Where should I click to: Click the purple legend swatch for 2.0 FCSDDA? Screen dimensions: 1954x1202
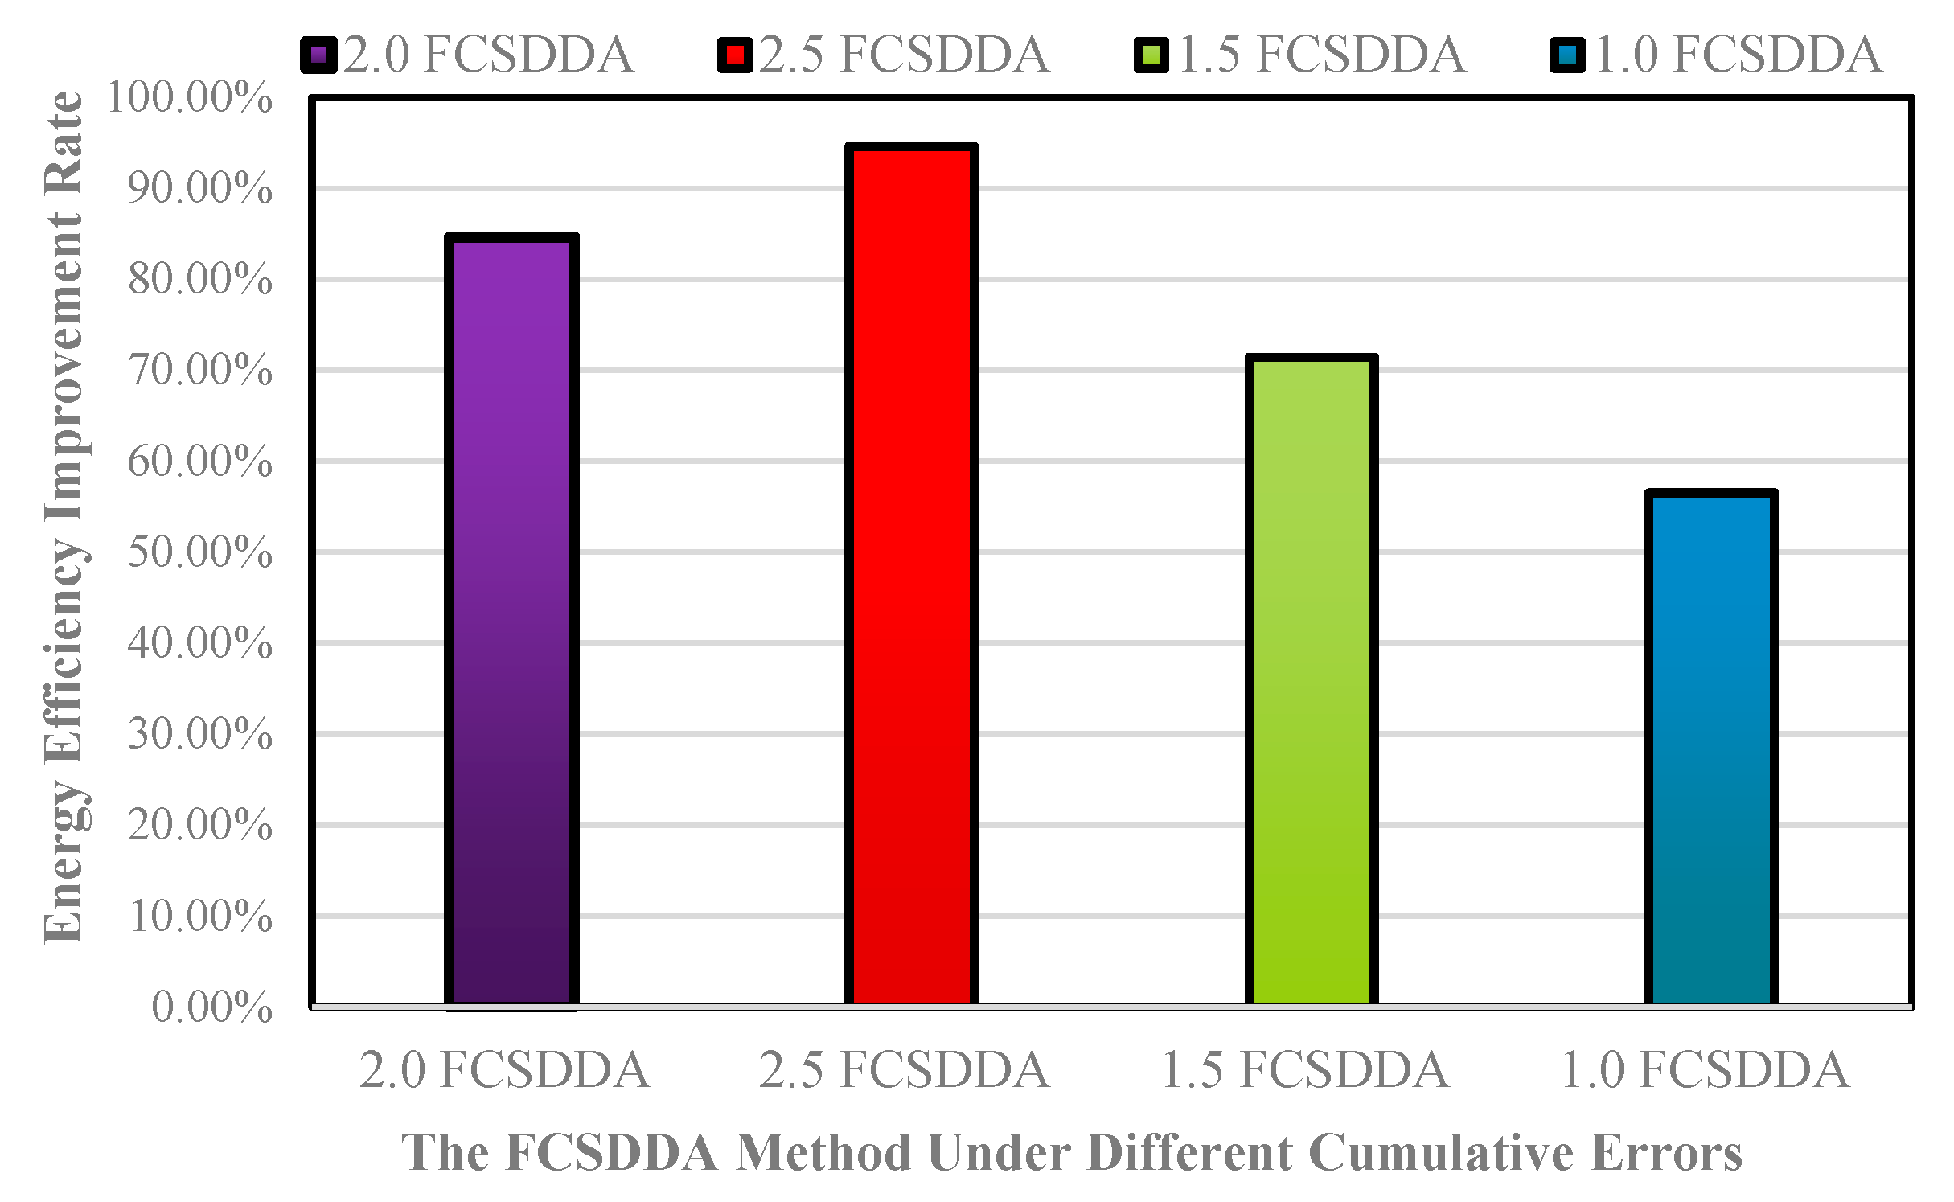[x=318, y=55]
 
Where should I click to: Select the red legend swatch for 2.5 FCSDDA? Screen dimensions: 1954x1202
[x=735, y=55]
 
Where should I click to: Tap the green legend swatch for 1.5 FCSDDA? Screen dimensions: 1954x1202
[x=1151, y=55]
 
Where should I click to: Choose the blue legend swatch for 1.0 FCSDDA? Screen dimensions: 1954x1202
[x=1568, y=55]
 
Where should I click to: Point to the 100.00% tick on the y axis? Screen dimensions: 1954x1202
[x=190, y=98]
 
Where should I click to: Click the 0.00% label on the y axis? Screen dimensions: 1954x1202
[x=212, y=1007]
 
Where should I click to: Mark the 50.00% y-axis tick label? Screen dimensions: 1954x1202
[x=200, y=552]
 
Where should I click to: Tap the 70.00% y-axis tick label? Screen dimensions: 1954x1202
[x=200, y=371]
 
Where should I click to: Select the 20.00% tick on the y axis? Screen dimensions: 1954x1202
[x=200, y=825]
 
